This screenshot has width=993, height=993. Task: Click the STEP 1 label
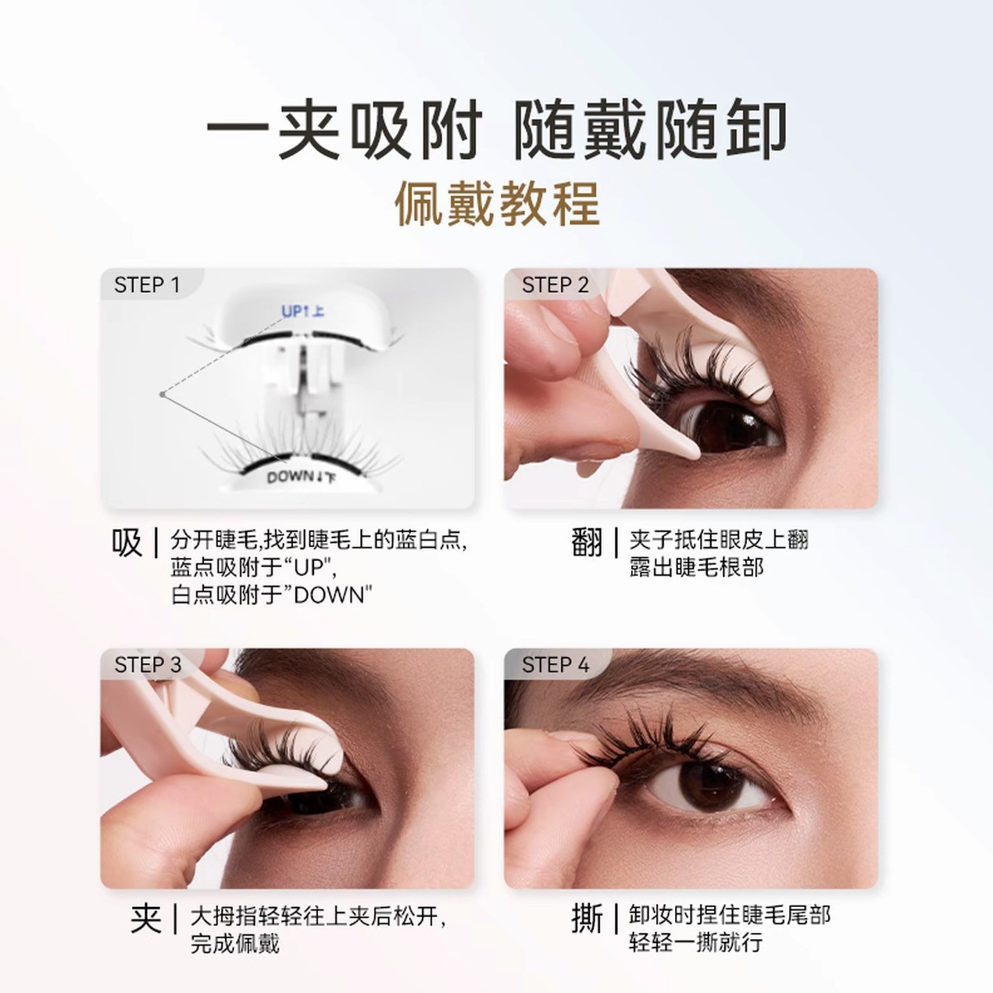click(147, 285)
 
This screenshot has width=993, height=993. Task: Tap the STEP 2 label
click(555, 285)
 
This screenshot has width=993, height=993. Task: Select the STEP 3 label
click(148, 665)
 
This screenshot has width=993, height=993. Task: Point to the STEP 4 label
click(555, 665)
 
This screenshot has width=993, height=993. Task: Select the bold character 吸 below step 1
click(127, 542)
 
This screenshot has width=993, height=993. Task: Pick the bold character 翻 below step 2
click(587, 542)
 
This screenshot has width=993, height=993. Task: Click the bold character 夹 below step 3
click(146, 919)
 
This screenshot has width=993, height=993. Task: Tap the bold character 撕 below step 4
click(587, 919)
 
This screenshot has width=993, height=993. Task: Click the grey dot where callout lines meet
click(163, 395)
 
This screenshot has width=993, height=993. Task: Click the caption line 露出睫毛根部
click(696, 567)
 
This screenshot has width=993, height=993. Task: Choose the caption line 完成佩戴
click(235, 944)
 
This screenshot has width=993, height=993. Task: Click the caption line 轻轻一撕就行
click(695, 943)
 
